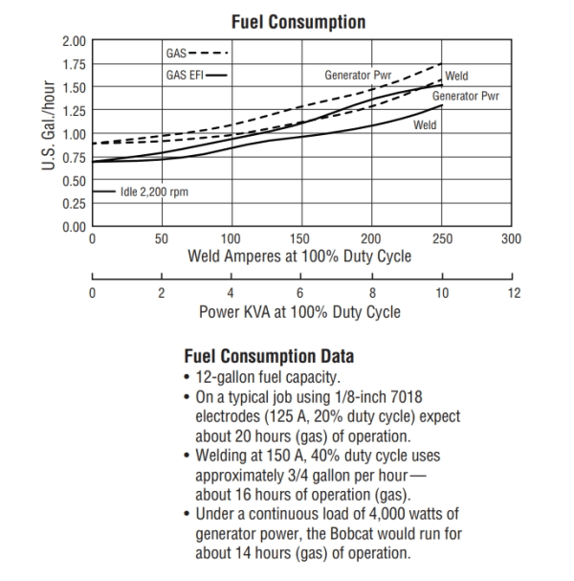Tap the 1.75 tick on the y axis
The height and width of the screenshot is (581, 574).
tap(74, 64)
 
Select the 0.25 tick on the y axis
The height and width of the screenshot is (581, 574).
tap(74, 203)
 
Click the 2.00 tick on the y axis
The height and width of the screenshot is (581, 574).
tap(74, 41)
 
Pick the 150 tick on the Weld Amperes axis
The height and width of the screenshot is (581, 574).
tap(301, 238)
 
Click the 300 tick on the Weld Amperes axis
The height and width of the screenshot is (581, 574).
tap(512, 238)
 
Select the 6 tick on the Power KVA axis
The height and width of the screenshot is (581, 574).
tap(301, 292)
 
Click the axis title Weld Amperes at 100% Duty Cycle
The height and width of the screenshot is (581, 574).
tap(299, 256)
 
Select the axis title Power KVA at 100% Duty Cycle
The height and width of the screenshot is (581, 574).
tap(299, 311)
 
